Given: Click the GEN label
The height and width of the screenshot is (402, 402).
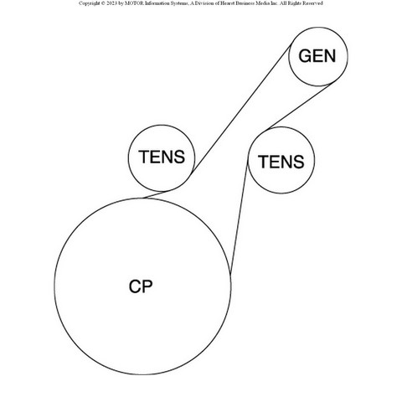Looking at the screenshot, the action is point(317,56).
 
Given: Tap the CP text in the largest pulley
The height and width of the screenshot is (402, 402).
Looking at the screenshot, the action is point(141,286).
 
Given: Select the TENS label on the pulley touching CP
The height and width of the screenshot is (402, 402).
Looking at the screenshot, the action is point(162,157).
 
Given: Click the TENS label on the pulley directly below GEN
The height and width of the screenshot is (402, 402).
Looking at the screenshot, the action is point(281,162).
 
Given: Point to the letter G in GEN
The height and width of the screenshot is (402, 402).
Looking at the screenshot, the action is point(305,56).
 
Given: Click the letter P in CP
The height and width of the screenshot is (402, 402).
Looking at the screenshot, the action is point(147,286).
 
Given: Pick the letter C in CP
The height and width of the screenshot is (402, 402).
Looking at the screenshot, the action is point(135,286).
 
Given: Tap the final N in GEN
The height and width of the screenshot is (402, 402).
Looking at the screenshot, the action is point(330,56).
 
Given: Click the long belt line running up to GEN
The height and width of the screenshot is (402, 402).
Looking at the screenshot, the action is point(241,108).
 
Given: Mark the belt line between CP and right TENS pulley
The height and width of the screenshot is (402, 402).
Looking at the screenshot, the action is point(240,218).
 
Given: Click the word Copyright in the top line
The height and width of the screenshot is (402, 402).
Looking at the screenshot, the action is point(89,3).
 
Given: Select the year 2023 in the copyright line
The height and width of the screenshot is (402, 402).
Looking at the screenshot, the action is point(111,3).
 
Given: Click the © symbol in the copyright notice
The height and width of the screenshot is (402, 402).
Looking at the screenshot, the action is point(103,3).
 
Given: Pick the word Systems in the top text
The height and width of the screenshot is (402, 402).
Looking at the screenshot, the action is point(178,3).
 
